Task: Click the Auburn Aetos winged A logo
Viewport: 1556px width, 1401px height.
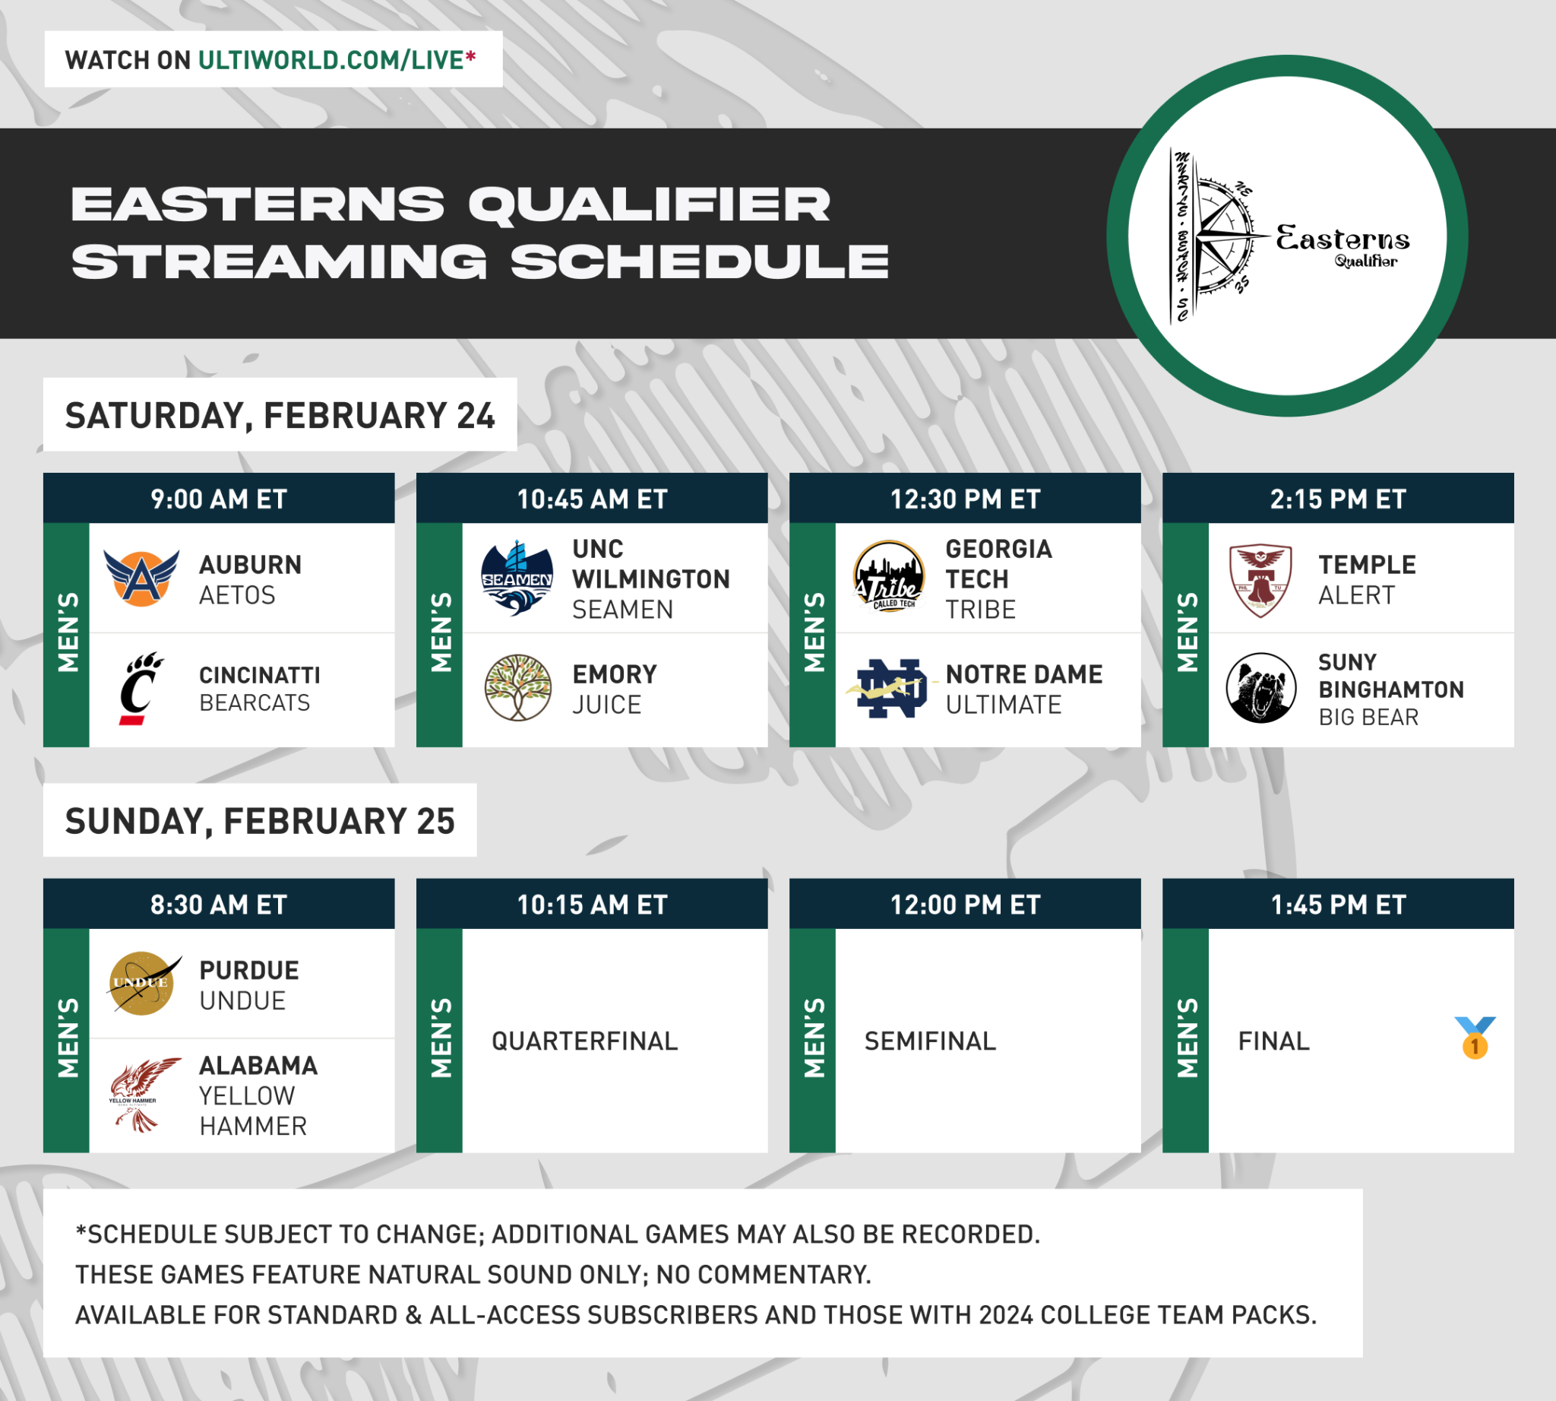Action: pos(141,578)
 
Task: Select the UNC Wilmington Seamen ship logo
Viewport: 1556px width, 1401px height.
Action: pos(517,578)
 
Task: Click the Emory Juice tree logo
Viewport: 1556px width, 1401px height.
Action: pos(517,687)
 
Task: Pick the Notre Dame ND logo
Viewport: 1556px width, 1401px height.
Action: pos(891,688)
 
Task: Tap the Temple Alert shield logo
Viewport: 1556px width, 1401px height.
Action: pos(1260,580)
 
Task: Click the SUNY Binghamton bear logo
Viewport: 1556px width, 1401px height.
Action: pos(1260,687)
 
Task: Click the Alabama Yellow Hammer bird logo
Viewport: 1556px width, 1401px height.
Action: pos(140,1093)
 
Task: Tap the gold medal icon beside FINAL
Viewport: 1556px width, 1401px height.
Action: pos(1475,1038)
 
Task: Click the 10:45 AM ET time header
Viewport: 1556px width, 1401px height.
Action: pos(592,499)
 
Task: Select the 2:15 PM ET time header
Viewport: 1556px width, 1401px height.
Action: pos(1337,499)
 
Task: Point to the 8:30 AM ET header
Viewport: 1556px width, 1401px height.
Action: pos(219,905)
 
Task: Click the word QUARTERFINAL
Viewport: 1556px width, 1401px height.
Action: pos(585,1041)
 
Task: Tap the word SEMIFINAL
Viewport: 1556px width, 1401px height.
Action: pos(930,1041)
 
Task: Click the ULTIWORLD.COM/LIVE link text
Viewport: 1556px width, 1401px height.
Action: pos(332,60)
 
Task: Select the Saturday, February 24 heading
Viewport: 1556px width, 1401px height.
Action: pos(280,416)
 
